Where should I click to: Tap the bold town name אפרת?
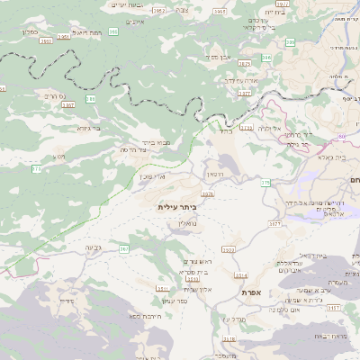click(251, 292)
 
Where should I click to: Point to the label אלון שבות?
click(196, 288)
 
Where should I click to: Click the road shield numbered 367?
click(123, 247)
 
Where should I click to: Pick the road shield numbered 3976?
click(209, 193)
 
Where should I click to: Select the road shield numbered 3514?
click(239, 275)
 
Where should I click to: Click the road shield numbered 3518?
click(229, 339)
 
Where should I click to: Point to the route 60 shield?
click(265, 183)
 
